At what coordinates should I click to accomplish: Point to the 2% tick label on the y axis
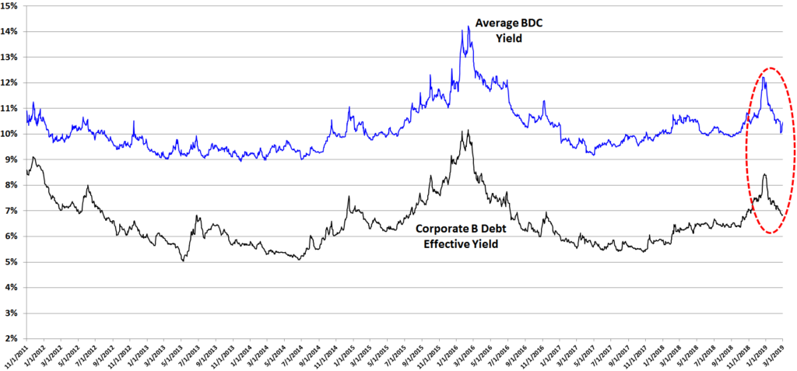click(x=12, y=338)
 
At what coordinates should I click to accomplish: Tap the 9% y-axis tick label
click(x=12, y=159)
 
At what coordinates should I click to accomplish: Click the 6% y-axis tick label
click(x=12, y=236)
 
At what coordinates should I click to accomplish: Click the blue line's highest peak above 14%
click(x=469, y=27)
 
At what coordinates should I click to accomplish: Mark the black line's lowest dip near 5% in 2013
click(x=182, y=261)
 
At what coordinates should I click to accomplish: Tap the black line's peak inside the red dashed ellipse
click(x=764, y=174)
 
